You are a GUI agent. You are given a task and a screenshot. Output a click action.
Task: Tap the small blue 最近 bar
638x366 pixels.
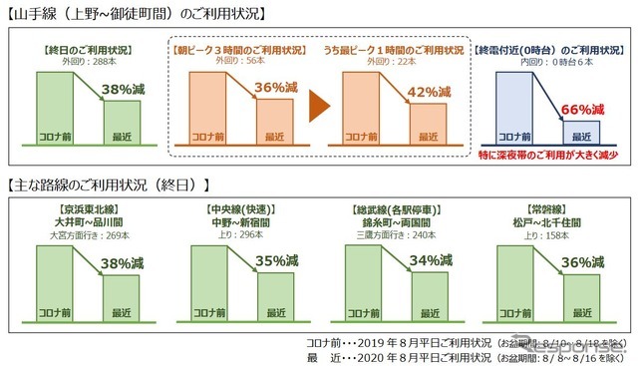pyautogui.click(x=578, y=132)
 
